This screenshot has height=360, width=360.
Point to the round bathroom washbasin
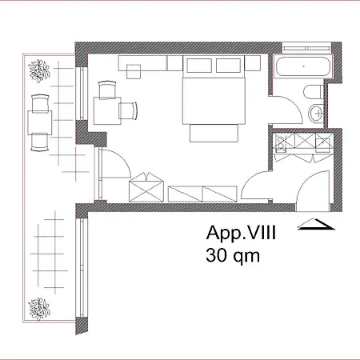click(318, 112)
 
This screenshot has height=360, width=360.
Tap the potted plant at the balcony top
click(38, 70)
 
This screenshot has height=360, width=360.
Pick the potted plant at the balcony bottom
click(38, 308)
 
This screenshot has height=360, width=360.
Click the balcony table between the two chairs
click(40, 122)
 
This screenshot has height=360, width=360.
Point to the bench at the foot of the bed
click(214, 133)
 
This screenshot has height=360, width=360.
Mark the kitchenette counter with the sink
click(301, 143)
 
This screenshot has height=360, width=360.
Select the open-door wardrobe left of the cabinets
click(145, 188)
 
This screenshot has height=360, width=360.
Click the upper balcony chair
click(40, 103)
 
